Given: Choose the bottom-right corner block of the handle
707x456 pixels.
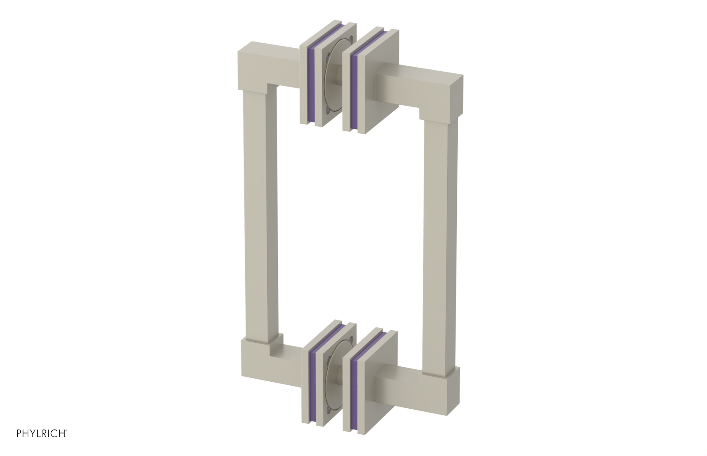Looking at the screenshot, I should pos(442,384).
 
